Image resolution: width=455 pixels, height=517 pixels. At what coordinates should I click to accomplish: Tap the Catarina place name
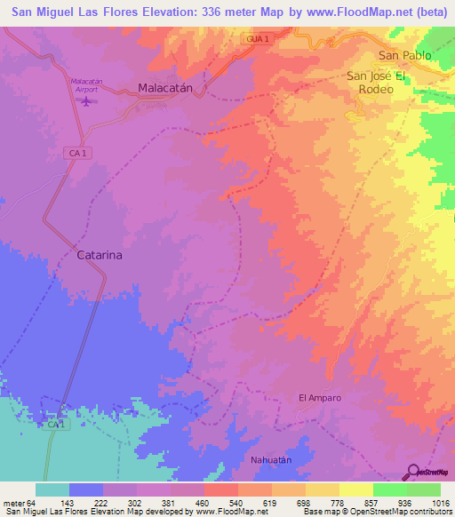point(99,254)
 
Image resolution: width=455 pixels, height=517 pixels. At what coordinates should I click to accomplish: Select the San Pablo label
point(404,55)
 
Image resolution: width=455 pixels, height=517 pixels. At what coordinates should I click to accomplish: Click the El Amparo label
point(319,398)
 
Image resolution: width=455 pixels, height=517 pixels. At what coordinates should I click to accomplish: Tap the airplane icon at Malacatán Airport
point(86,99)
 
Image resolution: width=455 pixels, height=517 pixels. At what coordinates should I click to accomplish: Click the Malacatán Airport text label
point(86,84)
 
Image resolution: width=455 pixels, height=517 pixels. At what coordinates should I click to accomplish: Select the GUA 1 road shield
point(258,39)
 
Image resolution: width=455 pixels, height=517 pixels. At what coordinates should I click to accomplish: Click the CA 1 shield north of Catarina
point(78,153)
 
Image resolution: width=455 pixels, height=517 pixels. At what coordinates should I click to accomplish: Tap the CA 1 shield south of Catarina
point(55,426)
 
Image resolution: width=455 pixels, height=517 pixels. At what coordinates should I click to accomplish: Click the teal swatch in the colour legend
point(52,489)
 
